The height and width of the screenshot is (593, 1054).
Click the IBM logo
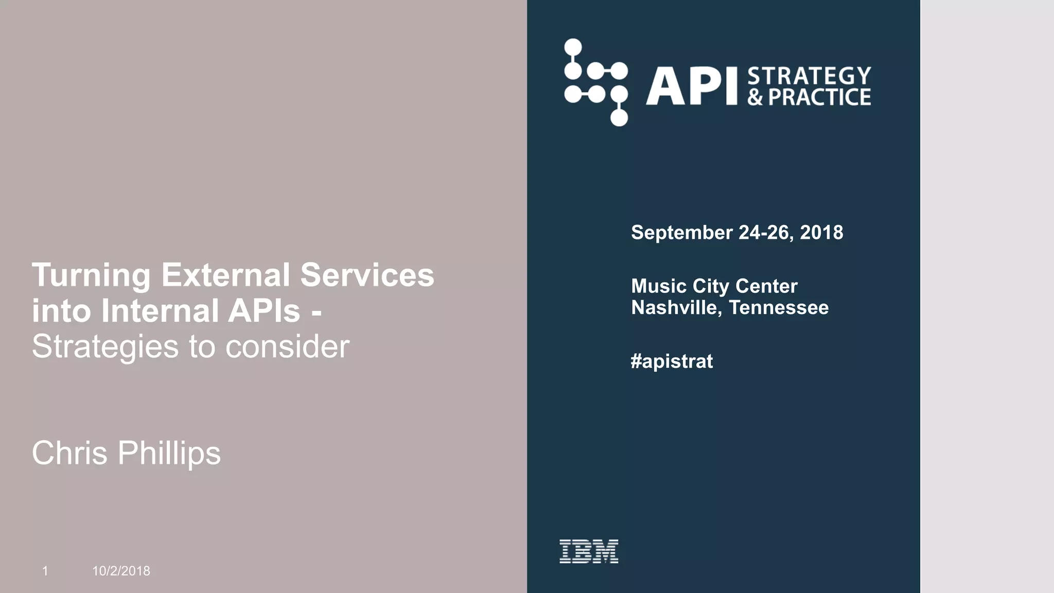(x=589, y=551)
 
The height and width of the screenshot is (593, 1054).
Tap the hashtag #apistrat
(x=672, y=361)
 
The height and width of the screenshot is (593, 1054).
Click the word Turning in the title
(x=91, y=275)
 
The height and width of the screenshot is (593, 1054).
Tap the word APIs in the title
(x=264, y=311)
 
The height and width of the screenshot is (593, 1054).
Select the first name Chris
(x=69, y=453)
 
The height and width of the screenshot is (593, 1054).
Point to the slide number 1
(x=45, y=571)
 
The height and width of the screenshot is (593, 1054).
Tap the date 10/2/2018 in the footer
(x=121, y=571)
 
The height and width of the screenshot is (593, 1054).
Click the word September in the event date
(x=681, y=233)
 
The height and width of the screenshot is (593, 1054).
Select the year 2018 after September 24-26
(x=821, y=233)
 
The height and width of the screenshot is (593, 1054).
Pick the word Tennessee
(x=779, y=308)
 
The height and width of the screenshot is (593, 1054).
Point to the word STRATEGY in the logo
(x=809, y=76)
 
